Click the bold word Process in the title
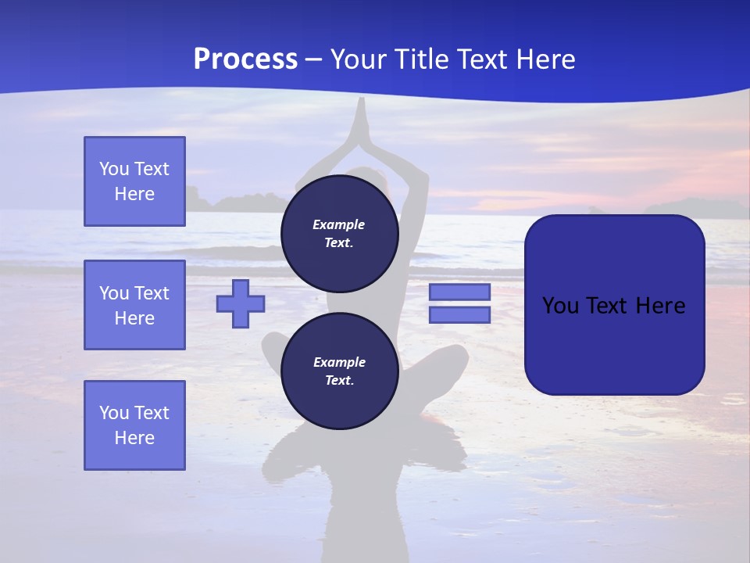(245, 59)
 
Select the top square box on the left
(134, 181)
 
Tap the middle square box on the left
(134, 305)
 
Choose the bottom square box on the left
(134, 425)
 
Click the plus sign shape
(241, 303)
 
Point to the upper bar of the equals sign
(459, 292)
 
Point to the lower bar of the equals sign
(459, 315)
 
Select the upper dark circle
(339, 234)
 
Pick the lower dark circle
(339, 371)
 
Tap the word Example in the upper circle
(339, 224)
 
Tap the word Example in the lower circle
(339, 362)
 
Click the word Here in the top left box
(134, 194)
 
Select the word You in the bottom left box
(114, 413)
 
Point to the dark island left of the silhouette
(227, 203)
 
